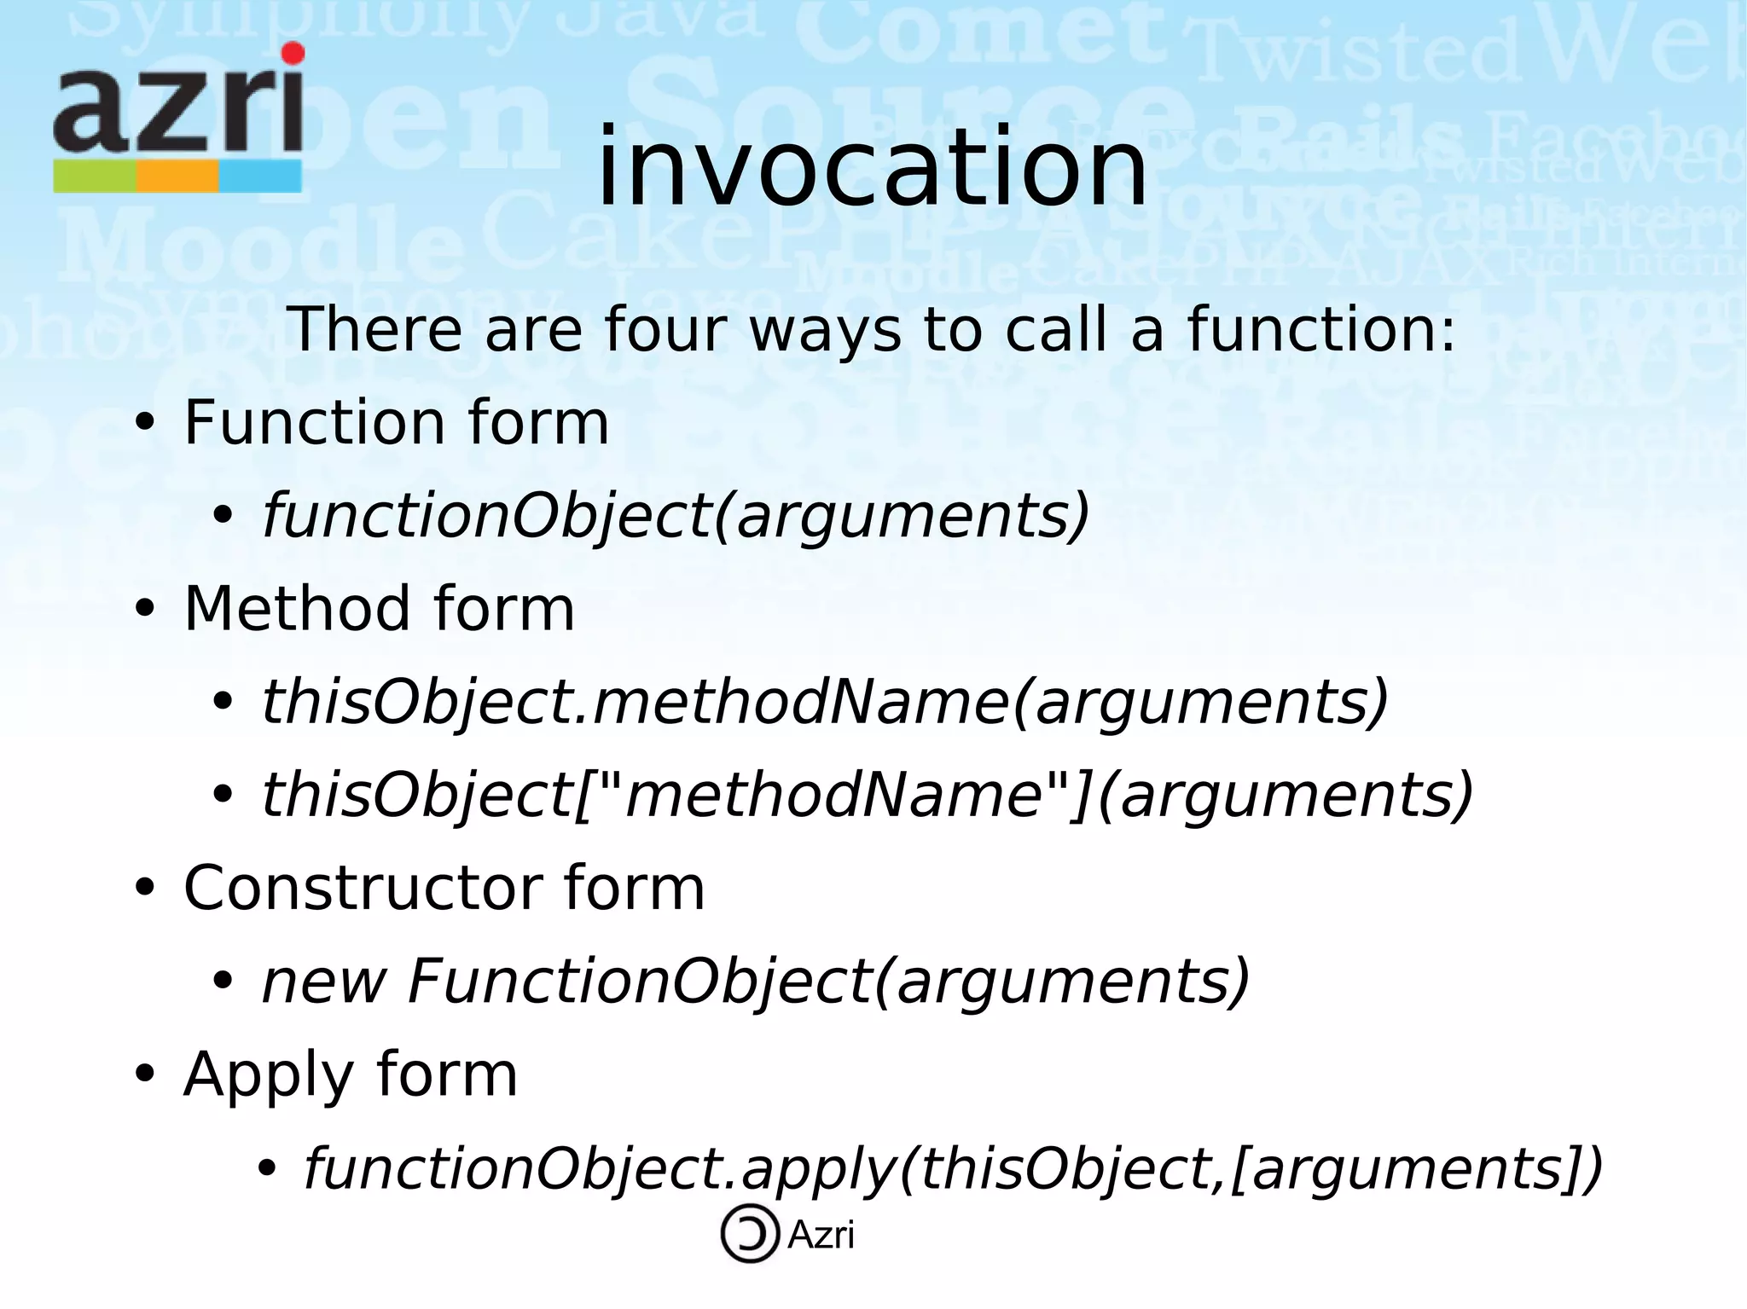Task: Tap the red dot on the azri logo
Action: pos(293,54)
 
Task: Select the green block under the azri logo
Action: pos(94,177)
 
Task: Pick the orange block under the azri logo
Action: pos(177,177)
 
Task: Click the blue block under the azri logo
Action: pos(260,177)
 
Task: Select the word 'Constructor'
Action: pos(363,888)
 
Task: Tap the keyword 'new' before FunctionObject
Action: pos(324,982)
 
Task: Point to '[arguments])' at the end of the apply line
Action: pos(1417,1168)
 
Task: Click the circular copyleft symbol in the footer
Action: pos(750,1233)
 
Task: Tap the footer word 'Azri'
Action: pos(821,1235)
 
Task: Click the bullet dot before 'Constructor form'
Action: pos(146,889)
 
